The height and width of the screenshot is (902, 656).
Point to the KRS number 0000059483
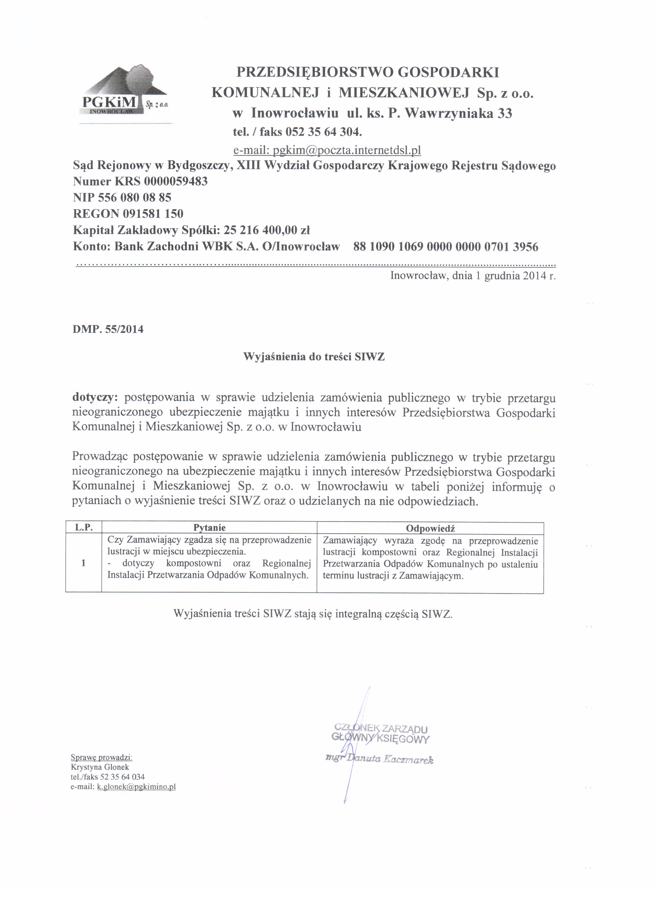pos(176,181)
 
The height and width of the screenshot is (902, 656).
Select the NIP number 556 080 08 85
pos(134,197)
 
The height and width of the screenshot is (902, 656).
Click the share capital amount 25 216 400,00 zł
pos(267,230)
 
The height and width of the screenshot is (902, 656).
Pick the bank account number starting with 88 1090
pos(445,247)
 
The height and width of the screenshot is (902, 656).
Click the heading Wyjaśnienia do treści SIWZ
pos(314,357)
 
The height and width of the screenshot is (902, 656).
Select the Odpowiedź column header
pos(430,528)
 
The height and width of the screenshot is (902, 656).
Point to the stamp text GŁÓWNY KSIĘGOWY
pos(380,739)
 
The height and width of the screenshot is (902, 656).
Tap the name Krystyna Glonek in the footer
pos(100,767)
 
